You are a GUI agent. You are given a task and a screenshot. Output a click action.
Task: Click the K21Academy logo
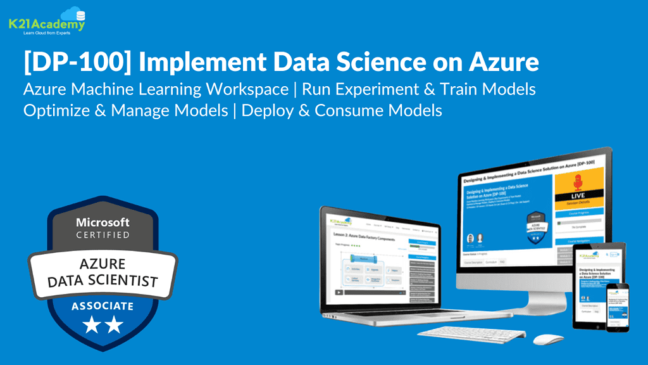(46, 21)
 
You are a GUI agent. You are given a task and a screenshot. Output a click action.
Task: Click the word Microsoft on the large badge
(103, 222)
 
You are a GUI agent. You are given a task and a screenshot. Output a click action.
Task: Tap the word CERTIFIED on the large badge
(103, 235)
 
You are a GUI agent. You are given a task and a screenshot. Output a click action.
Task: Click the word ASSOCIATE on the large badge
(103, 306)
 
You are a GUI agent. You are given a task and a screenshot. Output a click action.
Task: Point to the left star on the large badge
(91, 326)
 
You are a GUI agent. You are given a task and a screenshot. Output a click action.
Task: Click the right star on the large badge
(114, 326)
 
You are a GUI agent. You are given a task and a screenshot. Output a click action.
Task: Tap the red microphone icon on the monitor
(576, 184)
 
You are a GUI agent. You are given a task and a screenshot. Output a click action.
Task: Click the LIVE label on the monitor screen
(576, 198)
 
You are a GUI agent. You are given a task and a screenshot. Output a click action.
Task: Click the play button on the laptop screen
(340, 292)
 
